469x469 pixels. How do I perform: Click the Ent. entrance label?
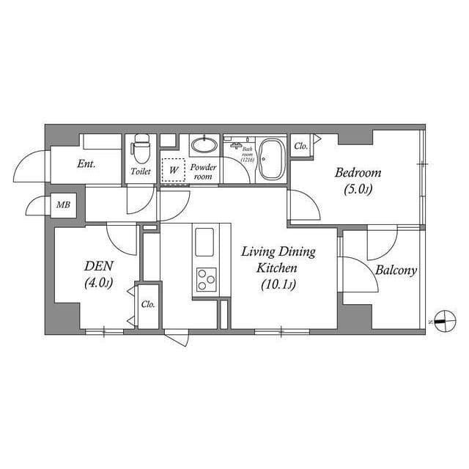(x=86, y=164)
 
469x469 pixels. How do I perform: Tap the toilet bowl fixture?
(x=139, y=150)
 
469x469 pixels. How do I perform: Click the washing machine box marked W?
(x=173, y=169)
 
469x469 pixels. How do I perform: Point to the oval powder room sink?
(x=204, y=144)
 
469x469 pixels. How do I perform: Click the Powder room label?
(x=203, y=171)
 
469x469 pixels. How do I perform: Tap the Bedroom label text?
(x=358, y=173)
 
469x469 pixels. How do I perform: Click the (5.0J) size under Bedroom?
(x=358, y=190)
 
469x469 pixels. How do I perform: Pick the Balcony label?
(x=396, y=270)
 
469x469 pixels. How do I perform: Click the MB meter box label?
(x=63, y=204)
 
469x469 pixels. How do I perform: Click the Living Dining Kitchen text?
(x=278, y=259)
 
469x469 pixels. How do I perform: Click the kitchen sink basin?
(x=204, y=241)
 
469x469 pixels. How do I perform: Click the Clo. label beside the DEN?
(x=147, y=304)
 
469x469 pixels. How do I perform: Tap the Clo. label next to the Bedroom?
(x=300, y=146)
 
